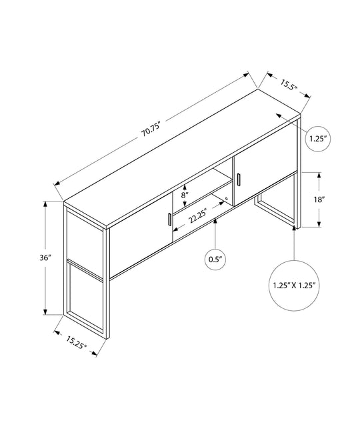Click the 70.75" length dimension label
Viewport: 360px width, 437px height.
coord(152,129)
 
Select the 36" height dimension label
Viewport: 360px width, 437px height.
coord(45,258)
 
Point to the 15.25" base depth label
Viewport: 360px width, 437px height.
coord(76,342)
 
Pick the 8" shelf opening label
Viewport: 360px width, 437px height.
coord(185,195)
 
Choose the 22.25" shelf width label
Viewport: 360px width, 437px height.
coord(198,216)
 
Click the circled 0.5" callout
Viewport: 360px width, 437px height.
coord(215,260)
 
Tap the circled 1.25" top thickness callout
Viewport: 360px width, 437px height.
coord(318,139)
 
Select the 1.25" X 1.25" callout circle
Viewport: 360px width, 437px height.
coord(294,286)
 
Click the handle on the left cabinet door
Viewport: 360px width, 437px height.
coord(169,220)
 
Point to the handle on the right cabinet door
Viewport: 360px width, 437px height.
coord(239,179)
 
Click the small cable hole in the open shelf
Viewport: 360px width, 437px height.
coord(227,199)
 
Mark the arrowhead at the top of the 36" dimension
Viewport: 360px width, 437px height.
coord(45,205)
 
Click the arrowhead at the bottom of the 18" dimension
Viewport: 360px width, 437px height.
coord(319,224)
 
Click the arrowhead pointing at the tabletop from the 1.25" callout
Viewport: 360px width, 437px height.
coord(279,115)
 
